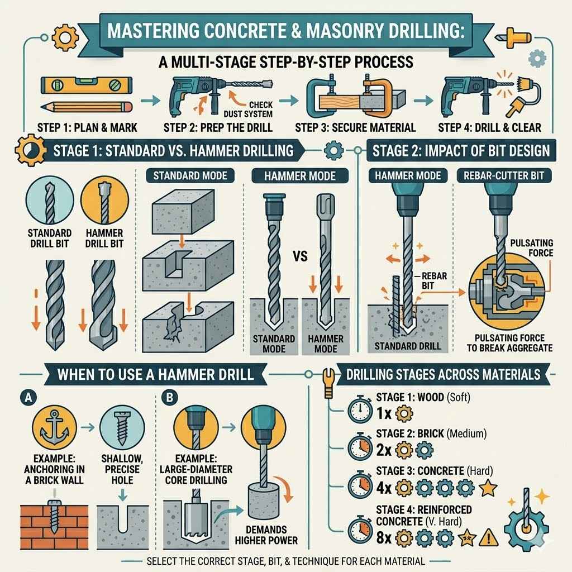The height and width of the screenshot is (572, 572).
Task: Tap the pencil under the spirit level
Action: click(x=87, y=106)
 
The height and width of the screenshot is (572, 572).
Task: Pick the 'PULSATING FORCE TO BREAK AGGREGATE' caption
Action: click(x=509, y=342)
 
